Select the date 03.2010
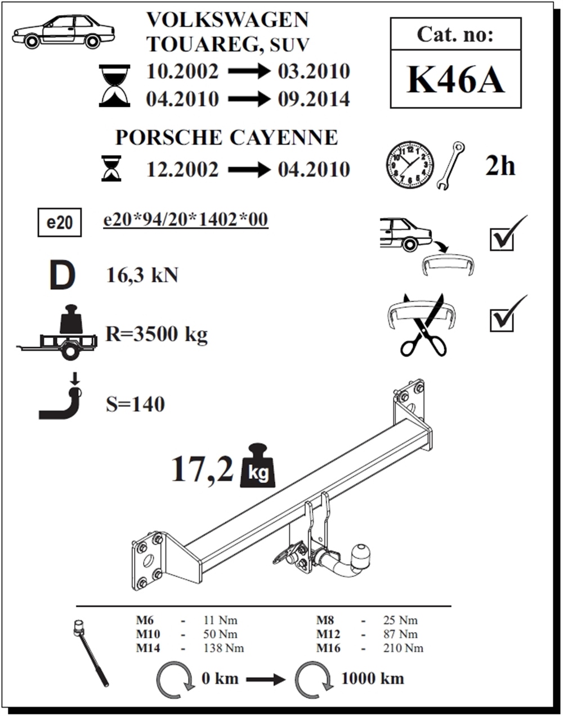314,71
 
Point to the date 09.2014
314,99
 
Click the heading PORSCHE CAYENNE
226,137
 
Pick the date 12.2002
182,169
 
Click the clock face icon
410,165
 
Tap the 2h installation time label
500,166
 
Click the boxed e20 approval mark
60,222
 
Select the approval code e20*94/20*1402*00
185,219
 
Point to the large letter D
62,275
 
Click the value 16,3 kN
142,275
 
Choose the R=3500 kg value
157,334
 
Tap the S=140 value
135,404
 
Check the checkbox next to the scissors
502,320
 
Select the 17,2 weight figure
202,469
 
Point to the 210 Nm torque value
403,648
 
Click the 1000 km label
373,678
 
